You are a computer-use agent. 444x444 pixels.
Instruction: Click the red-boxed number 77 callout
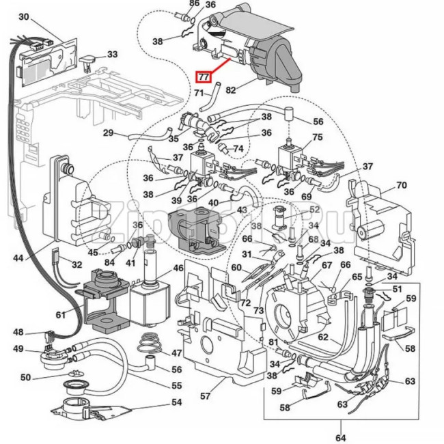click(x=203, y=77)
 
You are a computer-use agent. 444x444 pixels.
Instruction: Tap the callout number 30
click(x=23, y=16)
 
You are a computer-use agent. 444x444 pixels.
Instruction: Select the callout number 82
click(x=231, y=89)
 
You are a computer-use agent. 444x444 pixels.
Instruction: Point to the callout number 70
click(x=401, y=184)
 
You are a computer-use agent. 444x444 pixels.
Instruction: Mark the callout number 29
click(x=109, y=133)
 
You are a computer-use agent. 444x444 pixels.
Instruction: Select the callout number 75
click(x=317, y=137)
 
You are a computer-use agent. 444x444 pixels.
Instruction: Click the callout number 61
click(x=61, y=314)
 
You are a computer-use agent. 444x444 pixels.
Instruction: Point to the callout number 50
click(x=26, y=377)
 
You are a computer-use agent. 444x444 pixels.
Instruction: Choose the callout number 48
click(x=19, y=333)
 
